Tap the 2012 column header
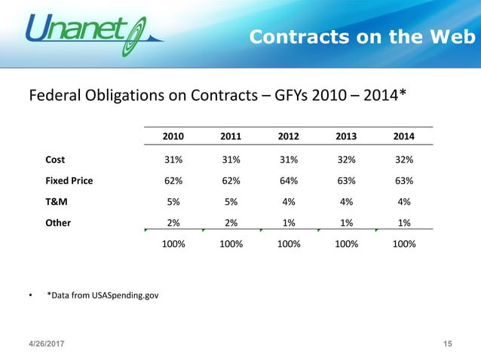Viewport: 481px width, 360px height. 287,136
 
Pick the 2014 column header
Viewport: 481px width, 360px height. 403,136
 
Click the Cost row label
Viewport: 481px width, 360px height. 55,160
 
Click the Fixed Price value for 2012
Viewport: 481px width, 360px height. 287,181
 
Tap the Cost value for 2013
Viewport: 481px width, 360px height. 345,160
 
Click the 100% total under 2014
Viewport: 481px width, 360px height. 403,245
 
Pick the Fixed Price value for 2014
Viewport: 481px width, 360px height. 403,181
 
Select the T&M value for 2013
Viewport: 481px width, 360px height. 345,202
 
